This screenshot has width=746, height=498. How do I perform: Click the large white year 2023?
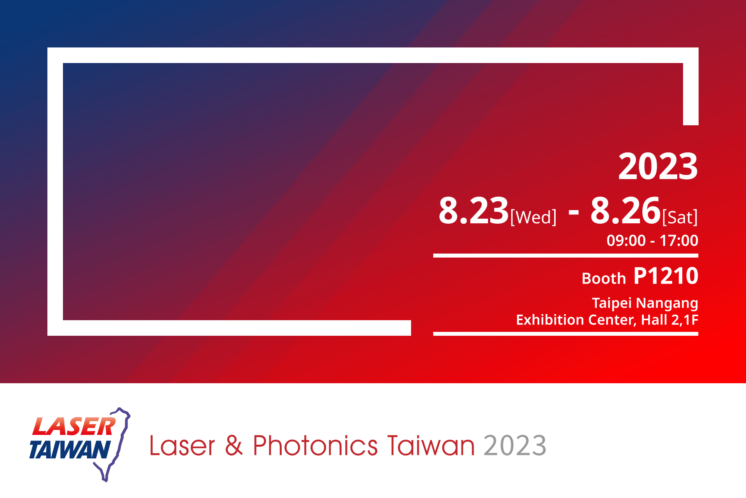click(658, 167)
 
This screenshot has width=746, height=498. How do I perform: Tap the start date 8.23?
click(474, 211)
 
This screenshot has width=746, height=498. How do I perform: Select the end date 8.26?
click(626, 211)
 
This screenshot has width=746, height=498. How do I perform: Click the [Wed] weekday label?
click(533, 217)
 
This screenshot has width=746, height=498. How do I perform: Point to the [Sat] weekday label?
click(680, 217)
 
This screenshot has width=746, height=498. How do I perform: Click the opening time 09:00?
click(626, 240)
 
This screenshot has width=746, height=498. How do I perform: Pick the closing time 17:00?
click(679, 240)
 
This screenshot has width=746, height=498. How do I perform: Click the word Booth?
click(604, 279)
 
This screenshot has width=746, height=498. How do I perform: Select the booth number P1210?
click(666, 276)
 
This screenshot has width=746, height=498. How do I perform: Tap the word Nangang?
click(667, 303)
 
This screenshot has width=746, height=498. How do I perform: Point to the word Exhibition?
click(550, 320)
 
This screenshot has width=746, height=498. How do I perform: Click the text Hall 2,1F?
click(669, 320)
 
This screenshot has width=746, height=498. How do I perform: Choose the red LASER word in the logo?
click(74, 426)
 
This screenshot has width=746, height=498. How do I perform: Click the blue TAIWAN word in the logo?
click(70, 449)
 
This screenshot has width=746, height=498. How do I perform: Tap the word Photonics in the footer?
click(315, 445)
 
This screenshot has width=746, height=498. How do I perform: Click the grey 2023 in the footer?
click(515, 445)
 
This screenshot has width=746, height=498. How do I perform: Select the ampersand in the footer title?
click(234, 445)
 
